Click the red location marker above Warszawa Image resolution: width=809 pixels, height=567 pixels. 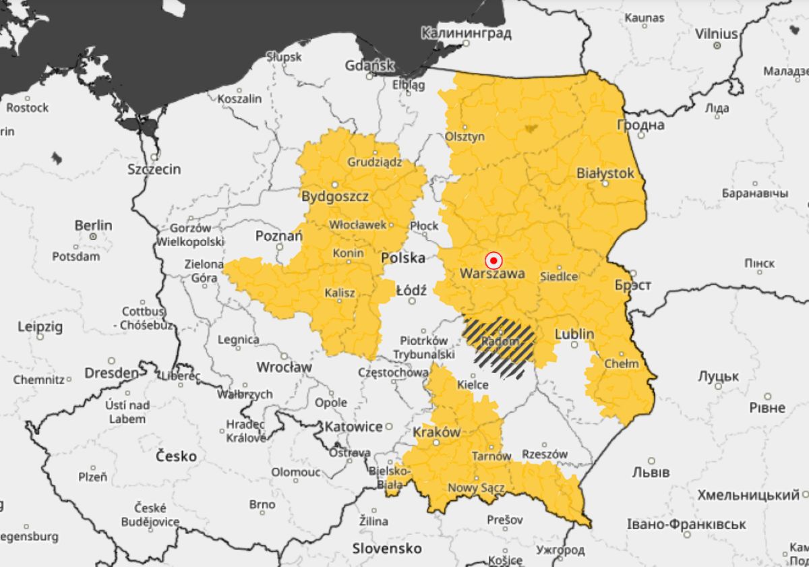(493, 260)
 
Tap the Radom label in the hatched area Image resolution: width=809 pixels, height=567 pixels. (500, 342)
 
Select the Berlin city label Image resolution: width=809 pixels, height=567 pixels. (93, 225)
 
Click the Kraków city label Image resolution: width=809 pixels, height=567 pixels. (436, 432)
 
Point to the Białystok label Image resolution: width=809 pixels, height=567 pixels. (605, 173)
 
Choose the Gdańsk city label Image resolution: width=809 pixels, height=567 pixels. (369, 66)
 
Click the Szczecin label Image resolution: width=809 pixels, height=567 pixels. (154, 169)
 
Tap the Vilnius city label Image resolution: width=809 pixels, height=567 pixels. (717, 33)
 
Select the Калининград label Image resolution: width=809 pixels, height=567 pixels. (466, 32)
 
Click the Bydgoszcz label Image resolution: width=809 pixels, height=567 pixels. (335, 197)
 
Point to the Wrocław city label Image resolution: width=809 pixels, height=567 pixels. (284, 367)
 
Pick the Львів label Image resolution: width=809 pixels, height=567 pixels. (651, 471)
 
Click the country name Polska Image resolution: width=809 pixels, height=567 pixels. (403, 258)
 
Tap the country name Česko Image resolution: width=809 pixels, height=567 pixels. (176, 456)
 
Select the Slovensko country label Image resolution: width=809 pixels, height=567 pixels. (387, 548)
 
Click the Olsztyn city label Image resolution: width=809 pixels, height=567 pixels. (465, 136)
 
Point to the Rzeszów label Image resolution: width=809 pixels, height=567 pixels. (545, 454)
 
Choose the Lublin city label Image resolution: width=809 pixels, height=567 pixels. (574, 334)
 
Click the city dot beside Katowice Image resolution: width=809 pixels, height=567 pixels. (389, 426)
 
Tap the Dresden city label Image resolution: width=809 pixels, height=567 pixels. (111, 373)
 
